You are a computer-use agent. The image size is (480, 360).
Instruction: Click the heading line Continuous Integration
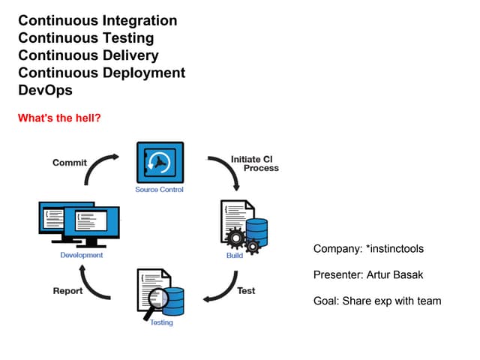click(x=97, y=21)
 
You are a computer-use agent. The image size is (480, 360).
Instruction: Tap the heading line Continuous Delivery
click(x=88, y=55)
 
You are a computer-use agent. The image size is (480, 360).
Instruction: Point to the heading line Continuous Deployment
click(x=101, y=73)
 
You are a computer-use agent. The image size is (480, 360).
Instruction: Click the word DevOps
click(x=45, y=90)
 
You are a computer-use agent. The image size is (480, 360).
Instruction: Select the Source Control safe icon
click(x=160, y=162)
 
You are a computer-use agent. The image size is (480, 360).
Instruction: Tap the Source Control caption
click(x=159, y=190)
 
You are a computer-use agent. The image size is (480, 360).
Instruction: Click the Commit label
click(x=69, y=163)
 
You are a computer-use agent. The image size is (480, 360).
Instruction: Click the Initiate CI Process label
click(x=254, y=163)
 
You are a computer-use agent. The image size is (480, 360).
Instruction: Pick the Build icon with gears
click(x=244, y=225)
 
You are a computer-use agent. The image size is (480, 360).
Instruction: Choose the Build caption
click(x=235, y=256)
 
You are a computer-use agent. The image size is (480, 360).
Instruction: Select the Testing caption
click(x=161, y=322)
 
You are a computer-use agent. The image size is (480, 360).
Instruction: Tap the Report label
click(x=67, y=291)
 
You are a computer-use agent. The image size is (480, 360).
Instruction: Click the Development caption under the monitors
click(x=82, y=256)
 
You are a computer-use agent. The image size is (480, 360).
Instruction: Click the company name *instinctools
click(x=399, y=248)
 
